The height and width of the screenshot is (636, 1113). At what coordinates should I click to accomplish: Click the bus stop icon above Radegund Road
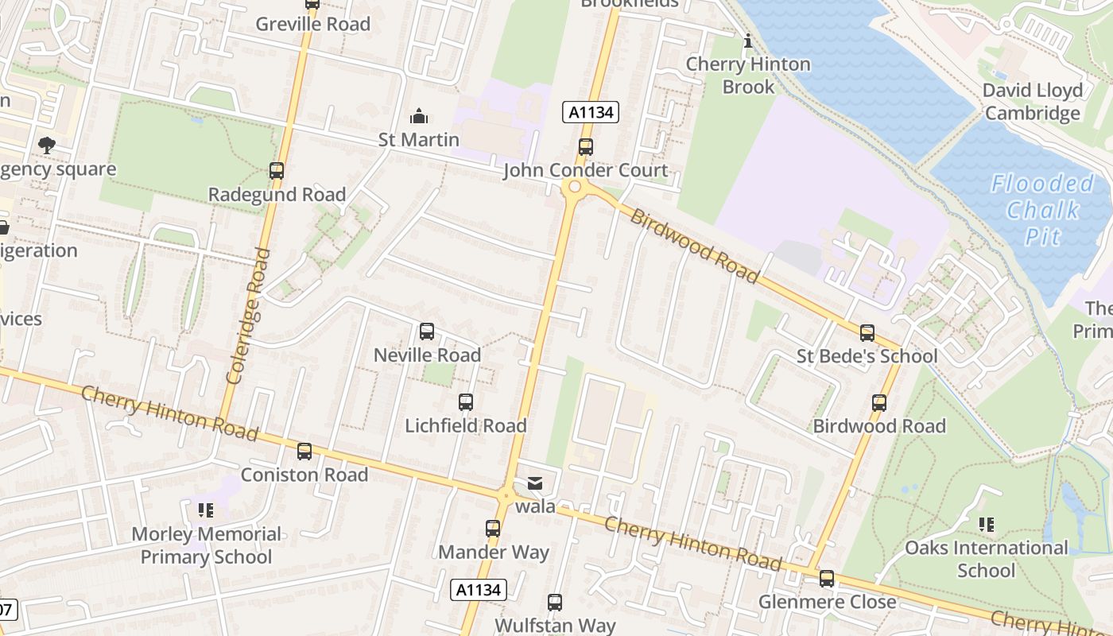pyautogui.click(x=277, y=170)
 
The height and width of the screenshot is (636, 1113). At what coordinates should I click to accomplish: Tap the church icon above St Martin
pyautogui.click(x=419, y=117)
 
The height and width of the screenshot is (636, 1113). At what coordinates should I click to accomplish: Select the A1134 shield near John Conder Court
pyautogui.click(x=591, y=112)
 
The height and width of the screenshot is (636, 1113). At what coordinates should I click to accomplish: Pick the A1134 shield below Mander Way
pyautogui.click(x=479, y=589)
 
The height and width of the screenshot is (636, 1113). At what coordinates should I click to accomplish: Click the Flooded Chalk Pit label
pyautogui.click(x=1042, y=210)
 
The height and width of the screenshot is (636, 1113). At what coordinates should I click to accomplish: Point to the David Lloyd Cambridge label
pyautogui.click(x=1033, y=102)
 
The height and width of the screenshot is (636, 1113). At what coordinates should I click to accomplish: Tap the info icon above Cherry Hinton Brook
pyautogui.click(x=747, y=41)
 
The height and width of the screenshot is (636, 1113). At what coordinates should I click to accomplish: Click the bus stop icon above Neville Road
pyautogui.click(x=427, y=332)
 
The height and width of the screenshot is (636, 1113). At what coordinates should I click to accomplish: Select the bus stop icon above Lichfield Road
pyautogui.click(x=466, y=402)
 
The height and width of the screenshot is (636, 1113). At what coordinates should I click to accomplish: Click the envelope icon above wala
pyautogui.click(x=534, y=483)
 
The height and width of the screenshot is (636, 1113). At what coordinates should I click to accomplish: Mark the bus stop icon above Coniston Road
pyautogui.click(x=304, y=452)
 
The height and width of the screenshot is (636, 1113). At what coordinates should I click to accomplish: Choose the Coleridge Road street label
pyautogui.click(x=246, y=316)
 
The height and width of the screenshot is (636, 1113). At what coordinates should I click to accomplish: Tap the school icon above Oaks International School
pyautogui.click(x=987, y=524)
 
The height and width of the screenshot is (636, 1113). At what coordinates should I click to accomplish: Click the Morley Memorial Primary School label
pyautogui.click(x=206, y=545)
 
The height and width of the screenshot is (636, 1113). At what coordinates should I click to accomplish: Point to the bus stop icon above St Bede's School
pyautogui.click(x=867, y=333)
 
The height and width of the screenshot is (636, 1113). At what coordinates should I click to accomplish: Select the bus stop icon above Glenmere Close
pyautogui.click(x=827, y=578)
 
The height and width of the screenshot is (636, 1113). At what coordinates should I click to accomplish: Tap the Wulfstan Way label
pyautogui.click(x=555, y=625)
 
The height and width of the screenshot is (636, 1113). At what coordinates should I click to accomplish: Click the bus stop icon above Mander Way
pyautogui.click(x=493, y=528)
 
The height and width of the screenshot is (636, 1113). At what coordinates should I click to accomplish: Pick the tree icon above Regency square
pyautogui.click(x=47, y=145)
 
